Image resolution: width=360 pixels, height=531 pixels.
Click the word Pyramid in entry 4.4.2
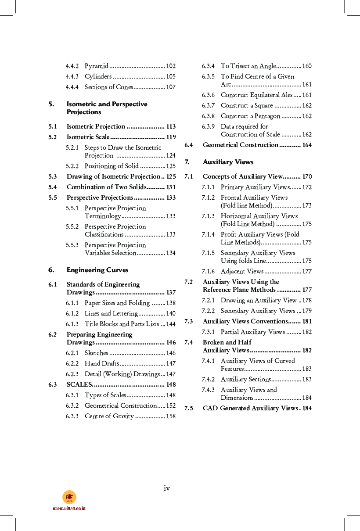pyautogui.click(x=96, y=66)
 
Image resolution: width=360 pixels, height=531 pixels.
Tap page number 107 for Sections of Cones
pyautogui.click(x=171, y=87)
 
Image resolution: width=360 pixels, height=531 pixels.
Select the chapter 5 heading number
pyautogui.click(x=51, y=104)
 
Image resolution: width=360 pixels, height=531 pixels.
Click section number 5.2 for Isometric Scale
pyautogui.click(x=53, y=137)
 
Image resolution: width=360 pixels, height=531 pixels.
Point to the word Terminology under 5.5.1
pyautogui.click(x=102, y=216)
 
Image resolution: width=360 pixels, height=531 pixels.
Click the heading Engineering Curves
pyautogui.click(x=97, y=270)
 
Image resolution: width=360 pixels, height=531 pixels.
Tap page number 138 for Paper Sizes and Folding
pyautogui.click(x=171, y=303)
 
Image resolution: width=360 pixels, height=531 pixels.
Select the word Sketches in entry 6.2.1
pyautogui.click(x=96, y=353)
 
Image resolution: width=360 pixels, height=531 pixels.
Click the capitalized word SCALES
pyautogui.click(x=79, y=384)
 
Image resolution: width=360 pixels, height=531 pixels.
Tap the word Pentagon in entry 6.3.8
pyautogui.click(x=266, y=116)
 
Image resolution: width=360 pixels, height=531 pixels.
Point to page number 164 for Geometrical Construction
pyautogui.click(x=307, y=145)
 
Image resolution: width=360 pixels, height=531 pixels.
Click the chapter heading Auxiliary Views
pyautogui.click(x=228, y=162)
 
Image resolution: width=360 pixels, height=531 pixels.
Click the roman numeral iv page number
pyautogui.click(x=167, y=488)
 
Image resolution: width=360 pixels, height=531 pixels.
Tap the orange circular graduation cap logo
pyautogui.click(x=69, y=497)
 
